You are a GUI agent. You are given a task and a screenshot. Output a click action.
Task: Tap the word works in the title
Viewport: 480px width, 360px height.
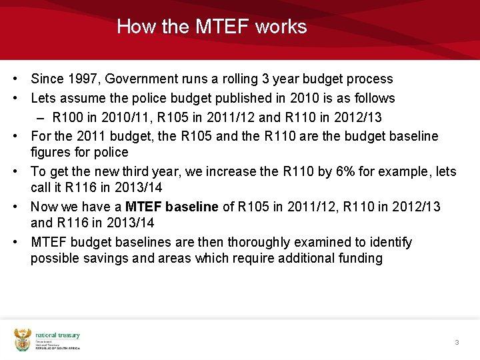point(281,27)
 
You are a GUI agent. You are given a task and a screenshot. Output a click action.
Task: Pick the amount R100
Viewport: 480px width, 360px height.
point(68,117)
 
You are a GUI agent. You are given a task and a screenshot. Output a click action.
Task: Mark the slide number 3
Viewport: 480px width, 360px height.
point(457,342)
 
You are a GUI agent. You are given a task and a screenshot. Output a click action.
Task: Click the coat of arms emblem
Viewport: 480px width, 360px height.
point(23,339)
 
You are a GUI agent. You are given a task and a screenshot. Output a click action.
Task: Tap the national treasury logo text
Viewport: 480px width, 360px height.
point(57,335)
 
